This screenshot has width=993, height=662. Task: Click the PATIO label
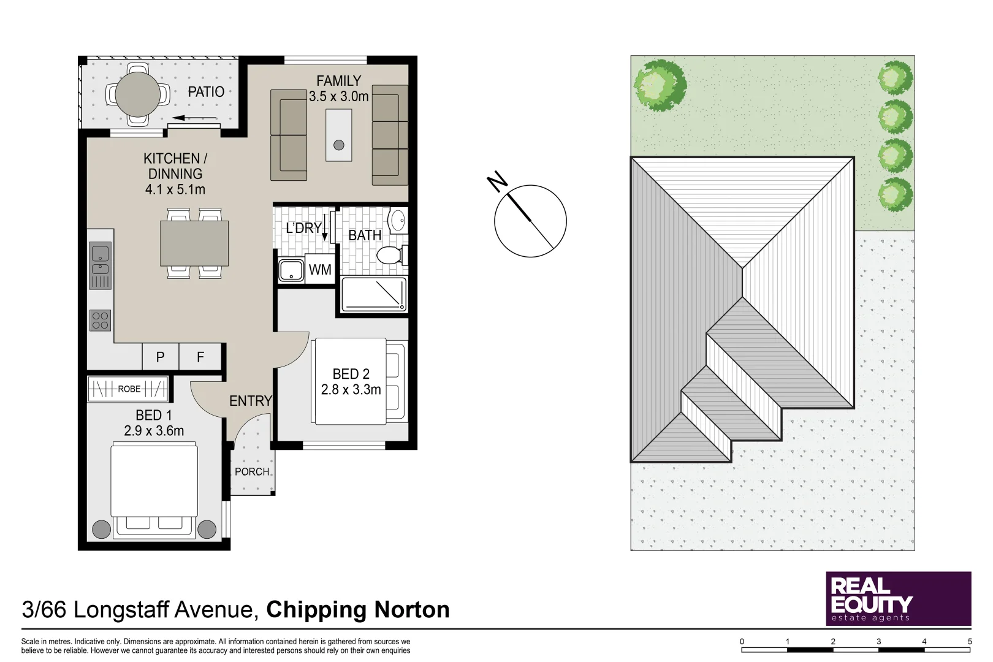tap(206, 92)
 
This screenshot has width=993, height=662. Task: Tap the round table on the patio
tap(138, 94)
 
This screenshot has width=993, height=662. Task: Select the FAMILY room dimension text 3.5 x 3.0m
tap(339, 96)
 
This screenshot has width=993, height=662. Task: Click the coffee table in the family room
tap(339, 135)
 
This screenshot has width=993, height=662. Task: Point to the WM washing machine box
tap(320, 269)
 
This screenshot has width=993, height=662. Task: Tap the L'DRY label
tap(303, 228)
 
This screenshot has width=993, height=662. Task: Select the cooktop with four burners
tap(100, 321)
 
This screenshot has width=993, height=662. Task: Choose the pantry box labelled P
tap(161, 357)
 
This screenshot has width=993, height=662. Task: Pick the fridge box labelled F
tap(200, 357)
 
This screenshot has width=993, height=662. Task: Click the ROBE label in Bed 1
tap(129, 389)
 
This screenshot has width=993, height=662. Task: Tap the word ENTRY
tap(251, 401)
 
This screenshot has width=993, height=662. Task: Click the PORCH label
tap(252, 472)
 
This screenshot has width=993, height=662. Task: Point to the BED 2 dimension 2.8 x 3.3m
tap(351, 390)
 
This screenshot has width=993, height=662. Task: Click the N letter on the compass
tap(497, 182)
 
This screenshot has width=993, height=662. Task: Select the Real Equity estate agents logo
tap(899, 599)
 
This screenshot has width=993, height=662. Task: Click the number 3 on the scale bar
tap(878, 642)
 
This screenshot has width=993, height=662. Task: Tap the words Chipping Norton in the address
tap(358, 610)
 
